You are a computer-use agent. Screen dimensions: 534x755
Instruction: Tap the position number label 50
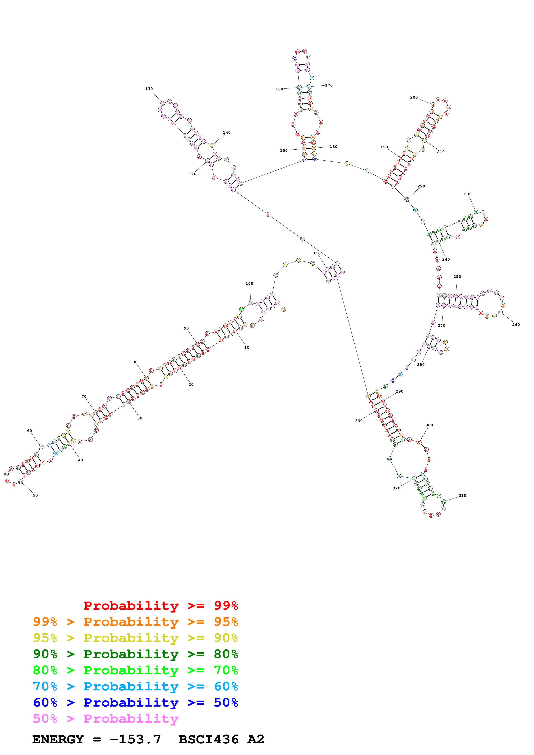(35, 495)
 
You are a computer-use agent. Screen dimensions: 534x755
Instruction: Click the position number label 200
(414, 97)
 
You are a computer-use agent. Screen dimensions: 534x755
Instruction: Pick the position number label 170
(329, 85)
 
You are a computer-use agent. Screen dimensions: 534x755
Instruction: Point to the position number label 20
(191, 384)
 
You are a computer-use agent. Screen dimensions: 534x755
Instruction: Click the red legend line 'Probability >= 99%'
(160, 605)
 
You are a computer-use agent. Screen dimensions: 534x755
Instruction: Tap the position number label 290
(399, 391)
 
